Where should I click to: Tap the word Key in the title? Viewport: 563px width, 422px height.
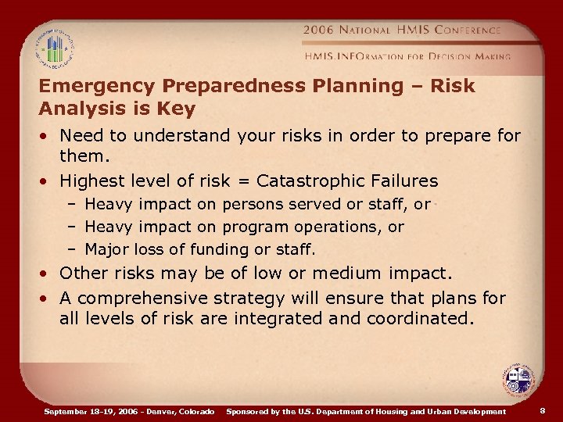pyautogui.click(x=178, y=107)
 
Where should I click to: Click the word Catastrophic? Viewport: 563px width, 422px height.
pyautogui.click(x=317, y=181)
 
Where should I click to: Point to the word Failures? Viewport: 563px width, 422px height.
pyautogui.click(x=404, y=181)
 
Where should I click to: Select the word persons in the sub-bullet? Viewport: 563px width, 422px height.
pyautogui.click(x=253, y=205)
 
